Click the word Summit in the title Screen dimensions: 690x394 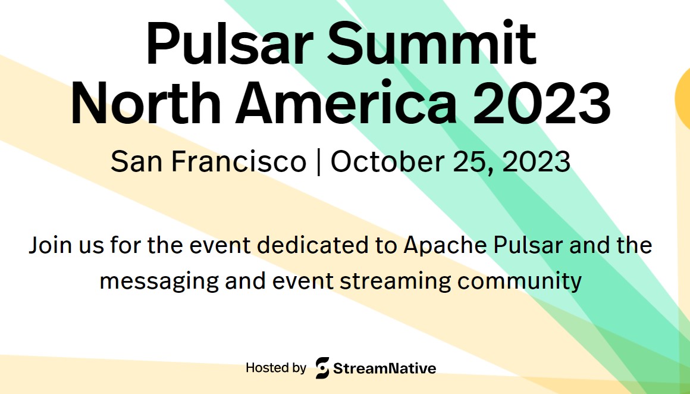pyautogui.click(x=431, y=43)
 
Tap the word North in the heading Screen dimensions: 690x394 pyautogui.click(x=146, y=102)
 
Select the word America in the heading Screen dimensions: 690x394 pyautogui.click(x=346, y=102)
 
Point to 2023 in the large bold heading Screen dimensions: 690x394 pyautogui.click(x=542, y=102)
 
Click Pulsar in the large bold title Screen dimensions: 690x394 pyautogui.click(x=229, y=43)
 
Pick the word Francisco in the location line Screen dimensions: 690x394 pyautogui.click(x=239, y=161)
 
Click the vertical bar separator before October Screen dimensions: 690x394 pyautogui.click(x=318, y=162)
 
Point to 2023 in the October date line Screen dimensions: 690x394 pyautogui.click(x=536, y=161)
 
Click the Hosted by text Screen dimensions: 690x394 pyautogui.click(x=276, y=368)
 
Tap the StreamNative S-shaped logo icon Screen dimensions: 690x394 pyautogui.click(x=322, y=368)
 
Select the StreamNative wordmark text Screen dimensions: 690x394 pyautogui.click(x=385, y=368)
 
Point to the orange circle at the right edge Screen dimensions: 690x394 pyautogui.click(x=683, y=98)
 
